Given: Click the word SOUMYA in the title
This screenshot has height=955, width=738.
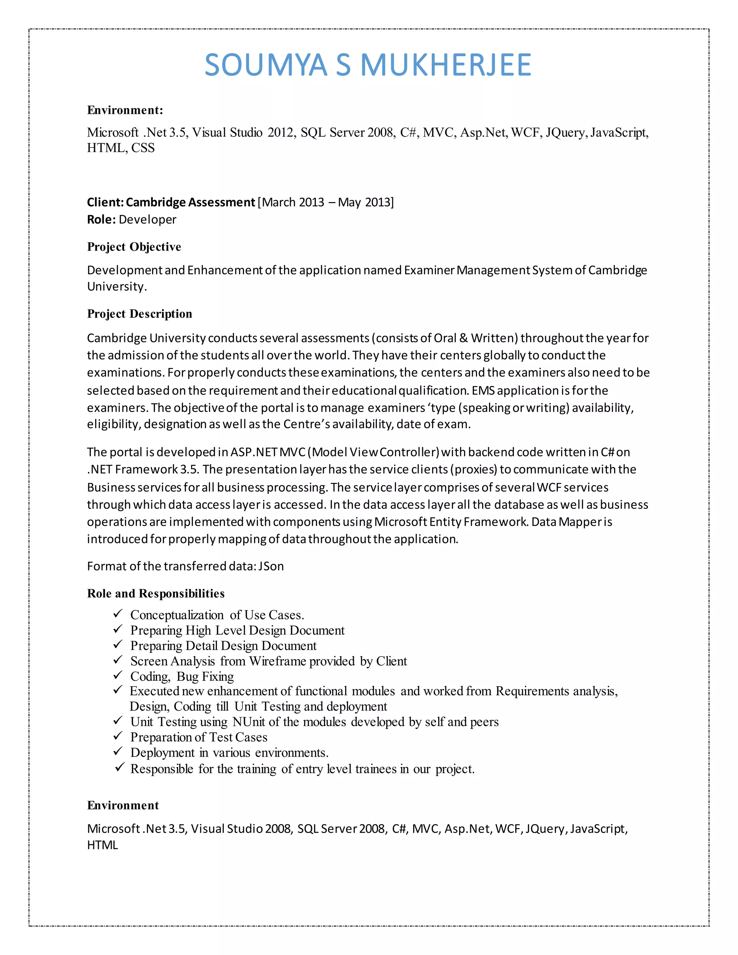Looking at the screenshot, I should tap(266, 65).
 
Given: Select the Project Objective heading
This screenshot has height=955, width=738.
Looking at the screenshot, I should tap(134, 247).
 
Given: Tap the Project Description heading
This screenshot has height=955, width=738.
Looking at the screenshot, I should tap(139, 314).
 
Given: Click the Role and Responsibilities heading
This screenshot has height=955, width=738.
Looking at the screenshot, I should tap(156, 594).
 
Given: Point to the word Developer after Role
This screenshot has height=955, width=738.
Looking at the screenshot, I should tap(147, 219).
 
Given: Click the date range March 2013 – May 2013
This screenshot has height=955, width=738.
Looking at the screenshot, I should tap(326, 203).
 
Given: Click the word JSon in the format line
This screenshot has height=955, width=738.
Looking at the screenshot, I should tap(271, 566).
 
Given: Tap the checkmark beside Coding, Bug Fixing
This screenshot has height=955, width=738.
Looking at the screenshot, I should tap(117, 676).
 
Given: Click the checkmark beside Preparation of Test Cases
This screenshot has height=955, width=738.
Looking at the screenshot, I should tap(117, 736).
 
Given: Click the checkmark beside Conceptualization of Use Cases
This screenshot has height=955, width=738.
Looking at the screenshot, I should tap(117, 614).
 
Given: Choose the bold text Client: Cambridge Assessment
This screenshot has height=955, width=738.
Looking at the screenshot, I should tap(170, 203).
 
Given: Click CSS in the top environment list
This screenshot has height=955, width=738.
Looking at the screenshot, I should tap(143, 148).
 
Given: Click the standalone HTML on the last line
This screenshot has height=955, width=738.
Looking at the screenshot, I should tap(102, 845).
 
